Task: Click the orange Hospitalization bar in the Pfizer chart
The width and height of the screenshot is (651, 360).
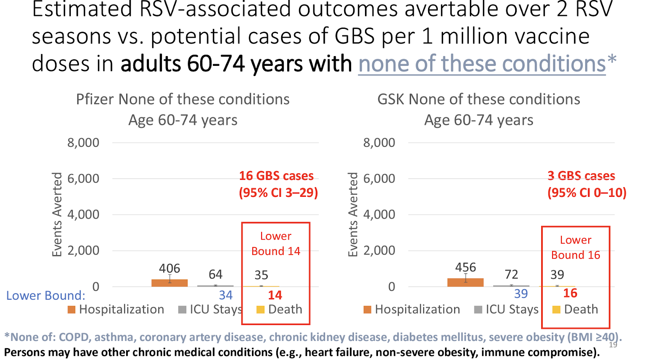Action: pyautogui.click(x=169, y=283)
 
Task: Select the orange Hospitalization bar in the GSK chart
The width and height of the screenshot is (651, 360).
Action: pyautogui.click(x=465, y=282)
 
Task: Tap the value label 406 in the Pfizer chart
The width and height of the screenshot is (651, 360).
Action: pyautogui.click(x=169, y=268)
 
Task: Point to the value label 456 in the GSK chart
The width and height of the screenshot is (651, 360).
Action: pyautogui.click(x=465, y=267)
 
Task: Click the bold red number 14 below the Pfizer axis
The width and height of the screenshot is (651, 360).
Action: pyautogui.click(x=275, y=295)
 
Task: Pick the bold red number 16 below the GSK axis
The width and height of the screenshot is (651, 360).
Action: pyautogui.click(x=570, y=293)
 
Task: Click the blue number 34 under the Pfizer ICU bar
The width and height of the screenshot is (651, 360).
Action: pyautogui.click(x=225, y=295)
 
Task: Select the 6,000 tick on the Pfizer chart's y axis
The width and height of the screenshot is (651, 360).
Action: pyautogui.click(x=83, y=179)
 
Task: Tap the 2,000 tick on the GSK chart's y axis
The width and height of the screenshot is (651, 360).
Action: pyautogui.click(x=379, y=251)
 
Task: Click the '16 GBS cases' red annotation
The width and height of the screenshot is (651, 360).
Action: pyautogui.click(x=276, y=176)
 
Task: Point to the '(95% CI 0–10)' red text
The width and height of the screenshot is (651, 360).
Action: pyautogui.click(x=587, y=192)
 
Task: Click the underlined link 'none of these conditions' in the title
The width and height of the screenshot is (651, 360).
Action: pyautogui.click(x=482, y=64)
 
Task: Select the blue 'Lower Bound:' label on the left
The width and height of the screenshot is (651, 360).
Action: pyautogui.click(x=46, y=295)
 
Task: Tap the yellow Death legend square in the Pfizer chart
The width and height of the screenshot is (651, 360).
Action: pyautogui.click(x=260, y=310)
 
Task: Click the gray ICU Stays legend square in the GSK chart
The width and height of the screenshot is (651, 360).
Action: pyautogui.click(x=478, y=310)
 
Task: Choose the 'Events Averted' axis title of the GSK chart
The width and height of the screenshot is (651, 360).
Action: pyautogui.click(x=353, y=214)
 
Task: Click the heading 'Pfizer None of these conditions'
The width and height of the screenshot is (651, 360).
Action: pyautogui.click(x=183, y=99)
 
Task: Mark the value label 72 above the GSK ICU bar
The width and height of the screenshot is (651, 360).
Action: pyautogui.click(x=511, y=275)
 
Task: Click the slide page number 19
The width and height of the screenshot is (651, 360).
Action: pyautogui.click(x=613, y=345)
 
